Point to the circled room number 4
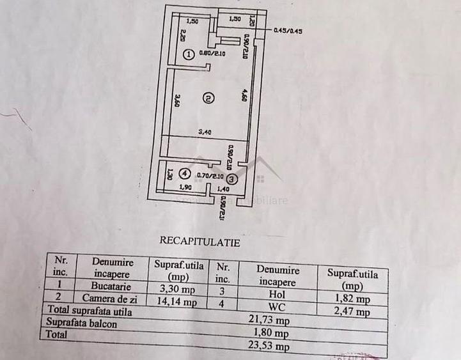tap(184, 173)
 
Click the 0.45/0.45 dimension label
tap(287, 29)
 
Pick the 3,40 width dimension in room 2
tap(205, 132)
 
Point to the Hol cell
tap(276, 295)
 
